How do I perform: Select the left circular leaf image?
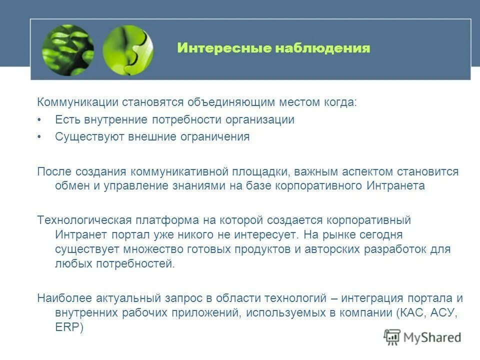coord(68,50)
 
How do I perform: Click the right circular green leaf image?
coord(128,50)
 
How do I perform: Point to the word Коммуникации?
coord(77,102)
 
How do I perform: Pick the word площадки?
coord(258,171)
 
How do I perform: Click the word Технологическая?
coord(84,220)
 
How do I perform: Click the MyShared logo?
coord(422,337)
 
